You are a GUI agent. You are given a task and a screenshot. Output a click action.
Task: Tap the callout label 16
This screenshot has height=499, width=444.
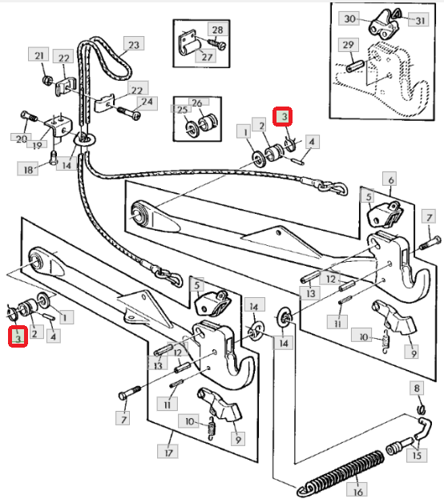point(357,490)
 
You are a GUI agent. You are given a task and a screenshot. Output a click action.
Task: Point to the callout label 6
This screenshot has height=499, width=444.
point(390,179)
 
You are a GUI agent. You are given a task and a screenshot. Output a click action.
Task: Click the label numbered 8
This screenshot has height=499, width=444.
point(417,388)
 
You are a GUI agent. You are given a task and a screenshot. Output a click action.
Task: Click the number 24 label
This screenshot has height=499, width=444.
point(147,103)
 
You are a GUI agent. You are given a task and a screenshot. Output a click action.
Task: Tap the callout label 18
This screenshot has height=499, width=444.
point(28,168)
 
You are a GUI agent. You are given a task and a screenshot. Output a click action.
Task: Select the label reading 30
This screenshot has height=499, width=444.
point(349,18)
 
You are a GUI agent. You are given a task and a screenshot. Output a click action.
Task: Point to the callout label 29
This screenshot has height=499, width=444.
point(348,44)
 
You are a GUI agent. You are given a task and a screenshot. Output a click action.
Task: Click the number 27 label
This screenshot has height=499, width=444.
point(207,56)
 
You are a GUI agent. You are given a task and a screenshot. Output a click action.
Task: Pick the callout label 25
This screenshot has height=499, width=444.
point(181,109)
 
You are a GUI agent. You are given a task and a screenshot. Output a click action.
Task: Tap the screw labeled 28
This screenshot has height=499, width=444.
point(216,43)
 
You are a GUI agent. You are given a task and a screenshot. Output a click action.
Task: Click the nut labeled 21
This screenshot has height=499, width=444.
point(47,79)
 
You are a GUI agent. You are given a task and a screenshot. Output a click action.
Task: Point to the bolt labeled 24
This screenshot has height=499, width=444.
point(129,112)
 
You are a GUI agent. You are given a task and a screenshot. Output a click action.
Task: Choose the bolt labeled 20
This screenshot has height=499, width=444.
point(29,116)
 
